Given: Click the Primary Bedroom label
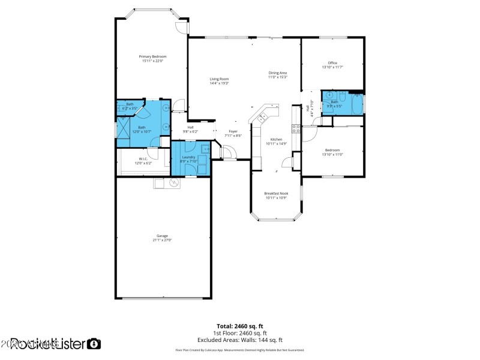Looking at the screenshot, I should pyautogui.click(x=152, y=56).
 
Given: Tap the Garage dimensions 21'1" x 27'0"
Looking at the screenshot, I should pyautogui.click(x=162, y=240).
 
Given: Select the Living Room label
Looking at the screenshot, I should pyautogui.click(x=219, y=79).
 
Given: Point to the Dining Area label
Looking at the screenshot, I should pyautogui.click(x=277, y=73).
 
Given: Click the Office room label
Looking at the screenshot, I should pyautogui.click(x=332, y=63).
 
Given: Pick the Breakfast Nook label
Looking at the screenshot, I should pyautogui.click(x=276, y=193).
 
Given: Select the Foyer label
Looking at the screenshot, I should pyautogui.click(x=233, y=131).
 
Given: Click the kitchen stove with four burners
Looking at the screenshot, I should pyautogui.click(x=296, y=129).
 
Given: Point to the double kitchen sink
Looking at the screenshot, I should pyautogui.click(x=262, y=118).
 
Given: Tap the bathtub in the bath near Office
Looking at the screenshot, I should pyautogui.click(x=356, y=106).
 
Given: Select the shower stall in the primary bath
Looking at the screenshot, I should pyautogui.click(x=124, y=128).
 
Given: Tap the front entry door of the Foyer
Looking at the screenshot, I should pyautogui.click(x=228, y=152).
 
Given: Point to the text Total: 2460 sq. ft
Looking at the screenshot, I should pyautogui.click(x=240, y=326).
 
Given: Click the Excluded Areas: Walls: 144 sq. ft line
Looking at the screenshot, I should pyautogui.click(x=240, y=340).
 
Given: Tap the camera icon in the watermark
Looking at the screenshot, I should pyautogui.click(x=94, y=344).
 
